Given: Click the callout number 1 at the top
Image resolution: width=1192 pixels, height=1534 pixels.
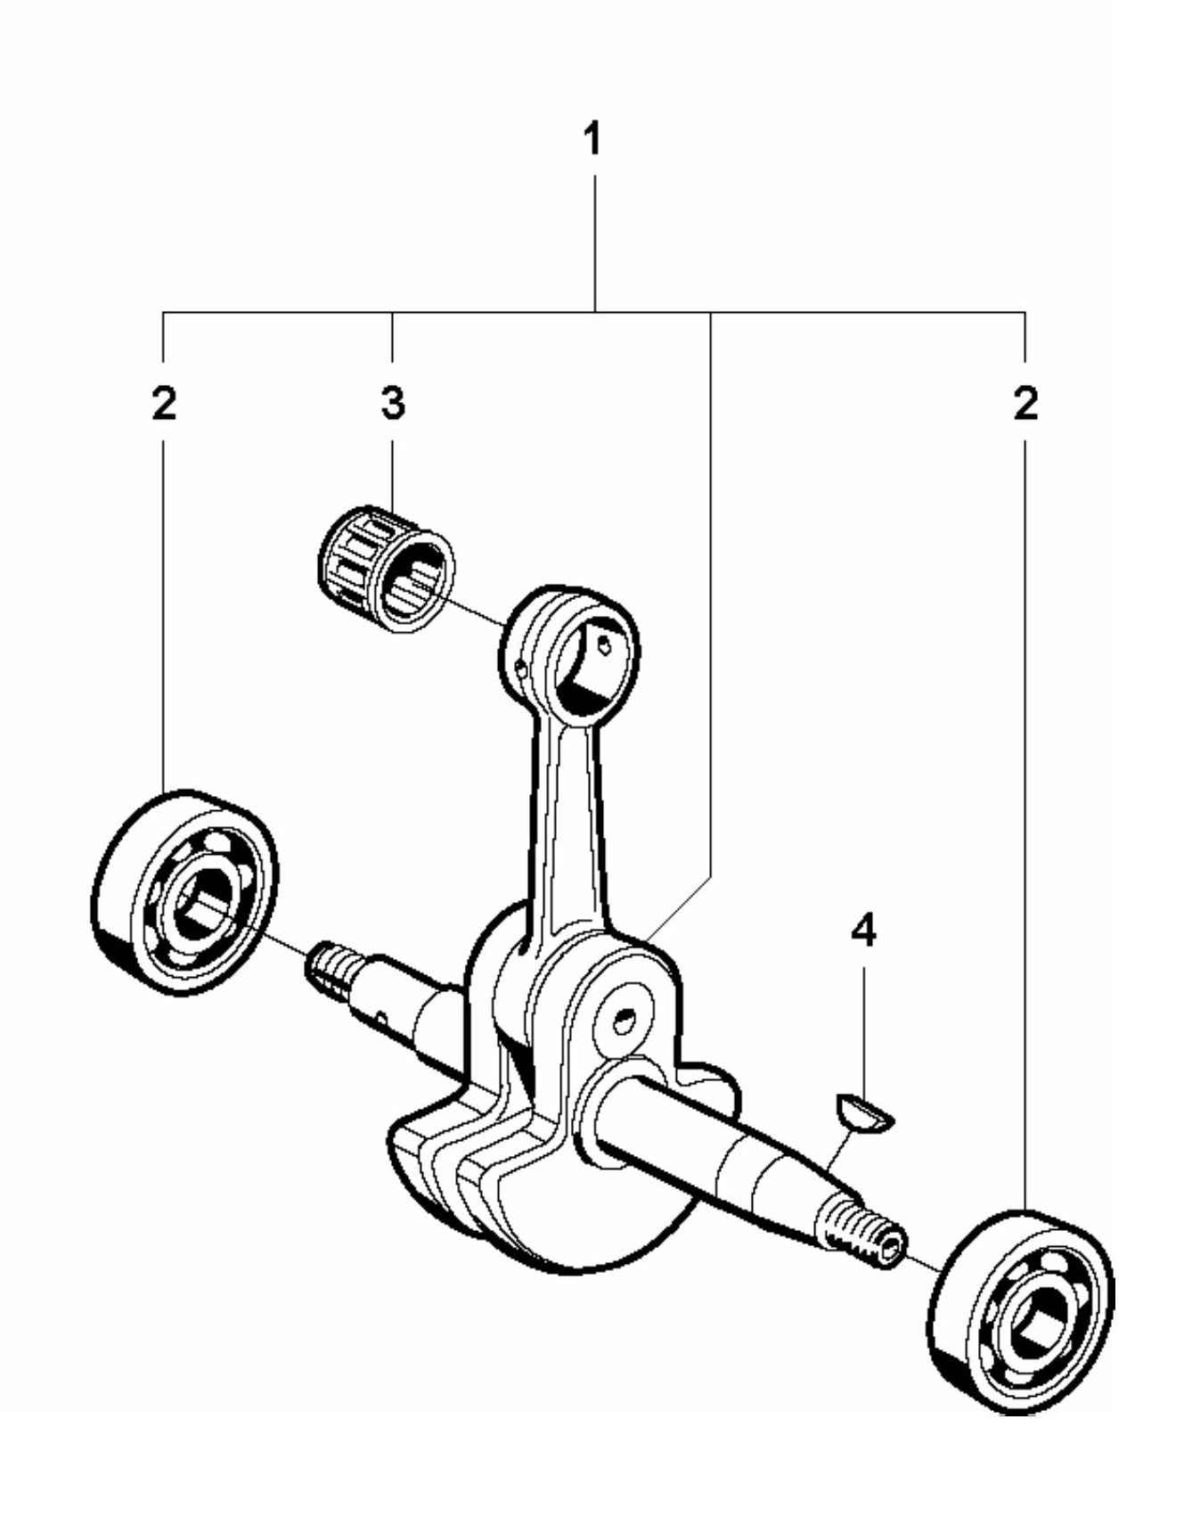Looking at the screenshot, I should (593, 140).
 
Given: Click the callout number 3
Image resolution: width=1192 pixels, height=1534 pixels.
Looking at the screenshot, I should (393, 403).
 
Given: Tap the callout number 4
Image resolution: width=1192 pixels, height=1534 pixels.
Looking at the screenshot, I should (863, 931).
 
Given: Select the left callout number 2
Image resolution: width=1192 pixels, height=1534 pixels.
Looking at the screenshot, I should (163, 403).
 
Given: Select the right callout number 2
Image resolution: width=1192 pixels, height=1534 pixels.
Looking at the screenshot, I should (1025, 403).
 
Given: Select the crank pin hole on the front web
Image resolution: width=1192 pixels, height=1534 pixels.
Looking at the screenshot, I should (627, 1017).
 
